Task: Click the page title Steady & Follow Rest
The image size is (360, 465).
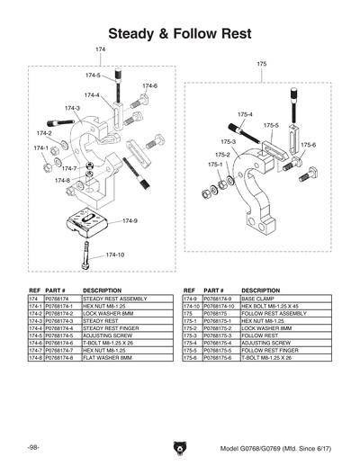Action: (179, 33)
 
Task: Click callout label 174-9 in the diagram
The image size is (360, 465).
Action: (130, 220)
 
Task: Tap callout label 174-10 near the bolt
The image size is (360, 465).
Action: (114, 255)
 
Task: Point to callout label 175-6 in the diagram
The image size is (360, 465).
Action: (308, 145)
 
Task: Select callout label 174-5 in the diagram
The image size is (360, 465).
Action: (93, 76)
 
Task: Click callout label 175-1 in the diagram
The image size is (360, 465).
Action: (216, 165)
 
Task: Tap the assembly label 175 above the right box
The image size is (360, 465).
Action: (262, 64)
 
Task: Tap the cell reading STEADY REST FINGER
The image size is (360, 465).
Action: (111, 328)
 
